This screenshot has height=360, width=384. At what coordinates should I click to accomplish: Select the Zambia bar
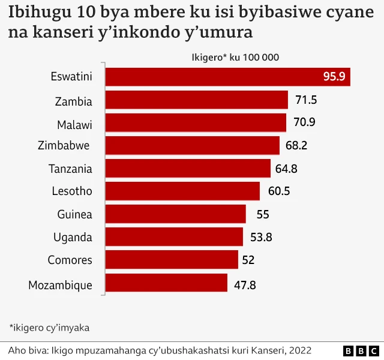pos(197,100)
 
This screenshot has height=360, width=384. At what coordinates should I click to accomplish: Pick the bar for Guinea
pos(176,214)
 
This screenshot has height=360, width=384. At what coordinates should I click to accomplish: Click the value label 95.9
pos(334,77)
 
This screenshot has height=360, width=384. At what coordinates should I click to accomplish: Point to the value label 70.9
pos(304,123)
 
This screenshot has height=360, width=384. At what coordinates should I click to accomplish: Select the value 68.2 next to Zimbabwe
pos(296,146)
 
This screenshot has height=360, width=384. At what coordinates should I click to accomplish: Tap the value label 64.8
pos(287,169)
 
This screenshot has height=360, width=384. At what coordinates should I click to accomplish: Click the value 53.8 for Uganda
pos(261,237)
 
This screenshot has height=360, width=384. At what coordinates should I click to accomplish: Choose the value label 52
pos(248,260)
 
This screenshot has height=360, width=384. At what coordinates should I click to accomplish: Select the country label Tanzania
pos(70,169)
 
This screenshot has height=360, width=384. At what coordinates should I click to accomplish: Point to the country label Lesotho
pos(72,191)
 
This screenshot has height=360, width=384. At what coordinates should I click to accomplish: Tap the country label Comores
pos(70,260)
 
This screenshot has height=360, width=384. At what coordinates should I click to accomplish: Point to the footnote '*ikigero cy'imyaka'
pos(49,327)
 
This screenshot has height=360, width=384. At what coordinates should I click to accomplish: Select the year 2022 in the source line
pos(299,350)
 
